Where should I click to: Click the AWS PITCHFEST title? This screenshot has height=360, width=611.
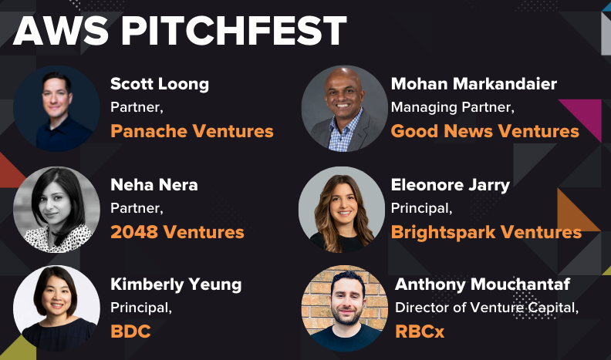(179, 31)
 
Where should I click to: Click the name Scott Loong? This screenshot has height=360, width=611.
(160, 83)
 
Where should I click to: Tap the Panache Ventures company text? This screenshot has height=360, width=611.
(192, 131)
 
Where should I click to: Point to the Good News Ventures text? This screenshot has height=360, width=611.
(484, 131)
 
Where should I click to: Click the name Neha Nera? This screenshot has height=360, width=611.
(154, 185)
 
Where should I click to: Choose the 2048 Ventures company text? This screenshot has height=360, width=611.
(177, 231)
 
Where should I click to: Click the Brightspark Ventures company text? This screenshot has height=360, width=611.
(486, 231)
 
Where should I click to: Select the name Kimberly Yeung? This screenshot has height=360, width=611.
(176, 284)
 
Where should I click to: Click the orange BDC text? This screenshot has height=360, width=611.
(131, 331)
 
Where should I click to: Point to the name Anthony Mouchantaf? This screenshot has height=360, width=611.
(482, 284)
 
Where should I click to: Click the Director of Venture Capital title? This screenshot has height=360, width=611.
(487, 308)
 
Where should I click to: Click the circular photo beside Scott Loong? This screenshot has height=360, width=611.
(56, 109)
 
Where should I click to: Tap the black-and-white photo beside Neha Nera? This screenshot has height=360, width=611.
(56, 210)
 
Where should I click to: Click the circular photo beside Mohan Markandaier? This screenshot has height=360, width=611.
(344, 109)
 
